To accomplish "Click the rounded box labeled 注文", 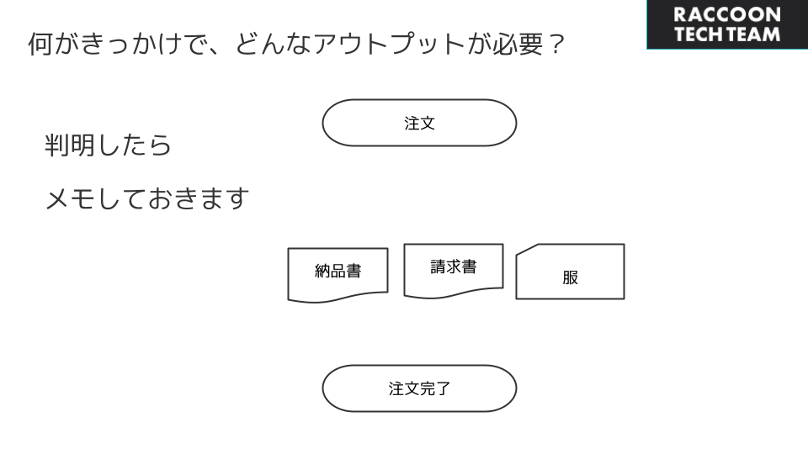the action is (x=419, y=123).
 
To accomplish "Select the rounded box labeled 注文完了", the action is (x=419, y=388).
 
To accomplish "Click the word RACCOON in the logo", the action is (x=727, y=14).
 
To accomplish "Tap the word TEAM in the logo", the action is (x=752, y=34).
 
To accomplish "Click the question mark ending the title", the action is (x=556, y=44).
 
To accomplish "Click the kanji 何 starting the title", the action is (x=40, y=44).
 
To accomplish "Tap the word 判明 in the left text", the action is (x=70, y=145).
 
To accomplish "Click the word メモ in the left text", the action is (x=70, y=198).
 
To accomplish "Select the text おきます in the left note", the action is (x=199, y=198).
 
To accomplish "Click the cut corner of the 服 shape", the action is (x=527, y=249).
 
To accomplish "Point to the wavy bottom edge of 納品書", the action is (x=338, y=297).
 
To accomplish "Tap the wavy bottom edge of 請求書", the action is (x=454, y=293).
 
